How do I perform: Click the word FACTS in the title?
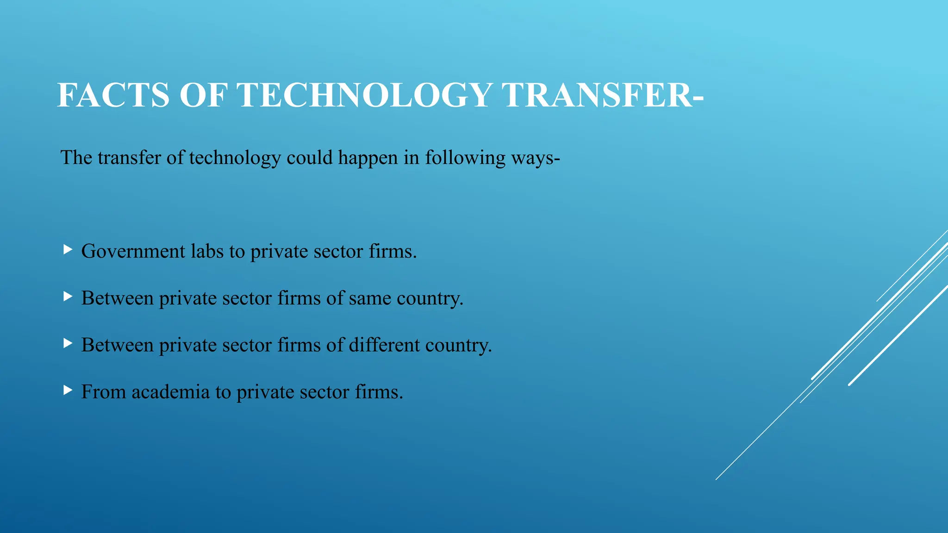tap(113, 95)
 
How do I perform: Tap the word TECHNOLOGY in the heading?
tap(364, 95)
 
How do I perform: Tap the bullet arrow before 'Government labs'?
tap(68, 250)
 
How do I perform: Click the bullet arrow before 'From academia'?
tap(68, 390)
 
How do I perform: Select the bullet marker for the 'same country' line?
tap(68, 297)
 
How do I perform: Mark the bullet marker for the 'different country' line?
tap(68, 343)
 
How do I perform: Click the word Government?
tap(133, 252)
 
